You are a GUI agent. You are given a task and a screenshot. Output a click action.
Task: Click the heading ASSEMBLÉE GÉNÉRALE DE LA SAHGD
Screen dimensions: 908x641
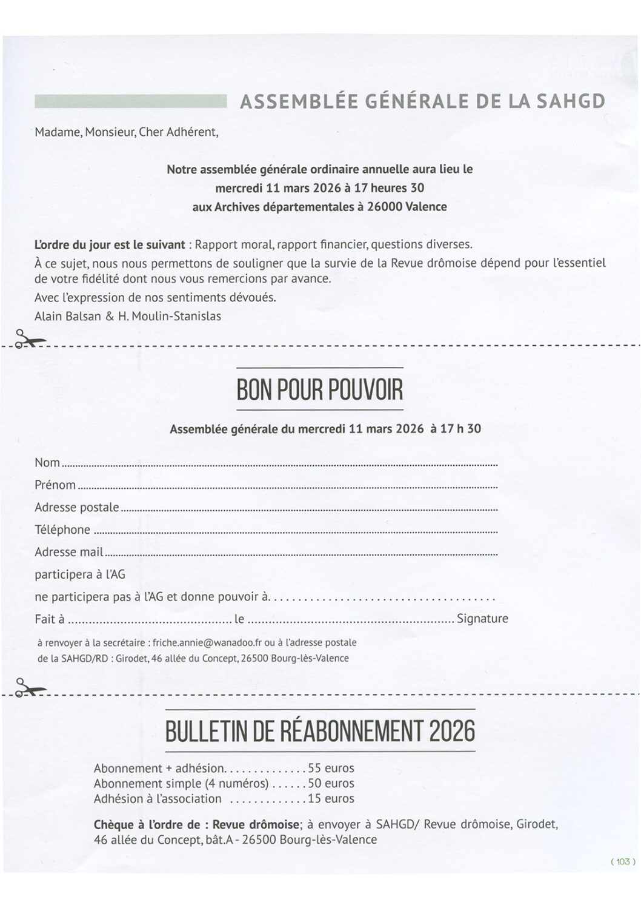point(422,101)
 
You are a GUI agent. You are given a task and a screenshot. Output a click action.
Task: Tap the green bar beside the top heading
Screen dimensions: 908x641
point(130,101)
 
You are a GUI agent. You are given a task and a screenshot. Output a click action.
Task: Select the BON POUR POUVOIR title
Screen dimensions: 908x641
point(319,390)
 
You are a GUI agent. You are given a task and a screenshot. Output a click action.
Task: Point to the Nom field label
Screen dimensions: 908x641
point(47,463)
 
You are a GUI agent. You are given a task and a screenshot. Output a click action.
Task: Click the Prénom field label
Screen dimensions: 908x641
point(55,485)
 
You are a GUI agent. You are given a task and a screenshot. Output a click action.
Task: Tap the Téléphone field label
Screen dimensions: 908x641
point(62,530)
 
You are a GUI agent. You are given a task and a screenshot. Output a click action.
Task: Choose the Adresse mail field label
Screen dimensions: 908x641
point(68,553)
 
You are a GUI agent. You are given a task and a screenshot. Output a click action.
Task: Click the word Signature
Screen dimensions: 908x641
point(482,619)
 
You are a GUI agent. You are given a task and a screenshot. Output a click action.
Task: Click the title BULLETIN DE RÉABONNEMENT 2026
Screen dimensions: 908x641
point(320,731)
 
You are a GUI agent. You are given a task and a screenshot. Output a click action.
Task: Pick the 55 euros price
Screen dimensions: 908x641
point(331,768)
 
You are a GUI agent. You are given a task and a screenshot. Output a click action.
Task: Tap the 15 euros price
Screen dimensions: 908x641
point(331,799)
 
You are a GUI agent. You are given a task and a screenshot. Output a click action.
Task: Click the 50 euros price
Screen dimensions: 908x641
point(331,784)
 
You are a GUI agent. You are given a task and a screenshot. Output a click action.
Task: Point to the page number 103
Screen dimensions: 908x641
point(622,861)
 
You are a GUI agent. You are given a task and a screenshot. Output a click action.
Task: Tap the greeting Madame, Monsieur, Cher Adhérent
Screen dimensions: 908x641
point(126,132)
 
